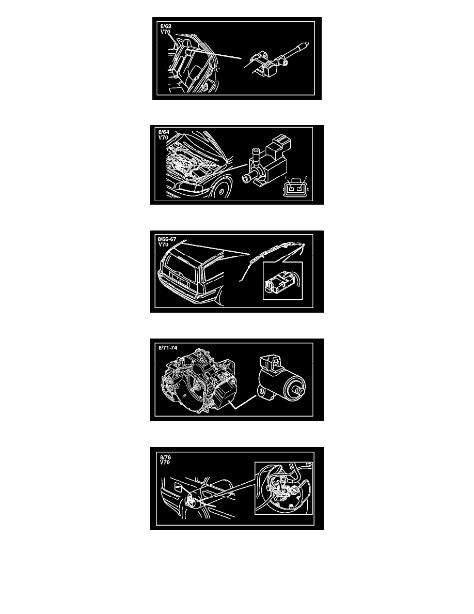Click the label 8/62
click(x=165, y=27)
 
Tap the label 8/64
click(x=164, y=132)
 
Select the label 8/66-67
click(x=167, y=239)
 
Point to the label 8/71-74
click(x=168, y=348)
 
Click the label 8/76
click(x=165, y=457)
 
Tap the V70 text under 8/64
click(x=163, y=138)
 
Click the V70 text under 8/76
click(x=165, y=463)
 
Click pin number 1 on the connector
click(x=286, y=178)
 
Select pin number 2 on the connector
click(x=306, y=178)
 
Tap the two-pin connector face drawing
click(x=296, y=189)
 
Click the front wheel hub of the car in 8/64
click(x=221, y=192)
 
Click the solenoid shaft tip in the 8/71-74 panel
click(x=301, y=390)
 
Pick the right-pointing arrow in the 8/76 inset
click(x=308, y=465)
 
